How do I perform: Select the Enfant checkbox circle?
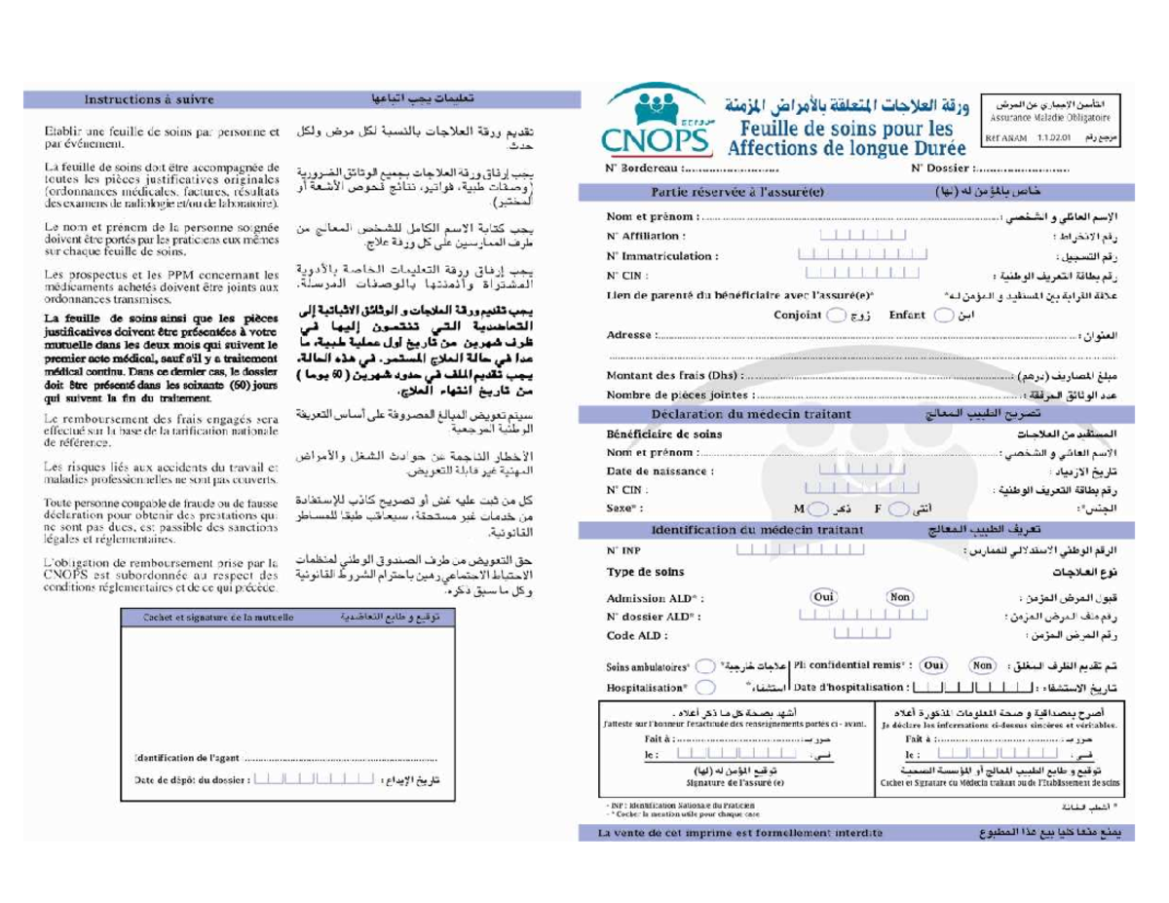[941, 316]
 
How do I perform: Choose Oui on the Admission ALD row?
[824, 597]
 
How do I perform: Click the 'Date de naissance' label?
[660, 470]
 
